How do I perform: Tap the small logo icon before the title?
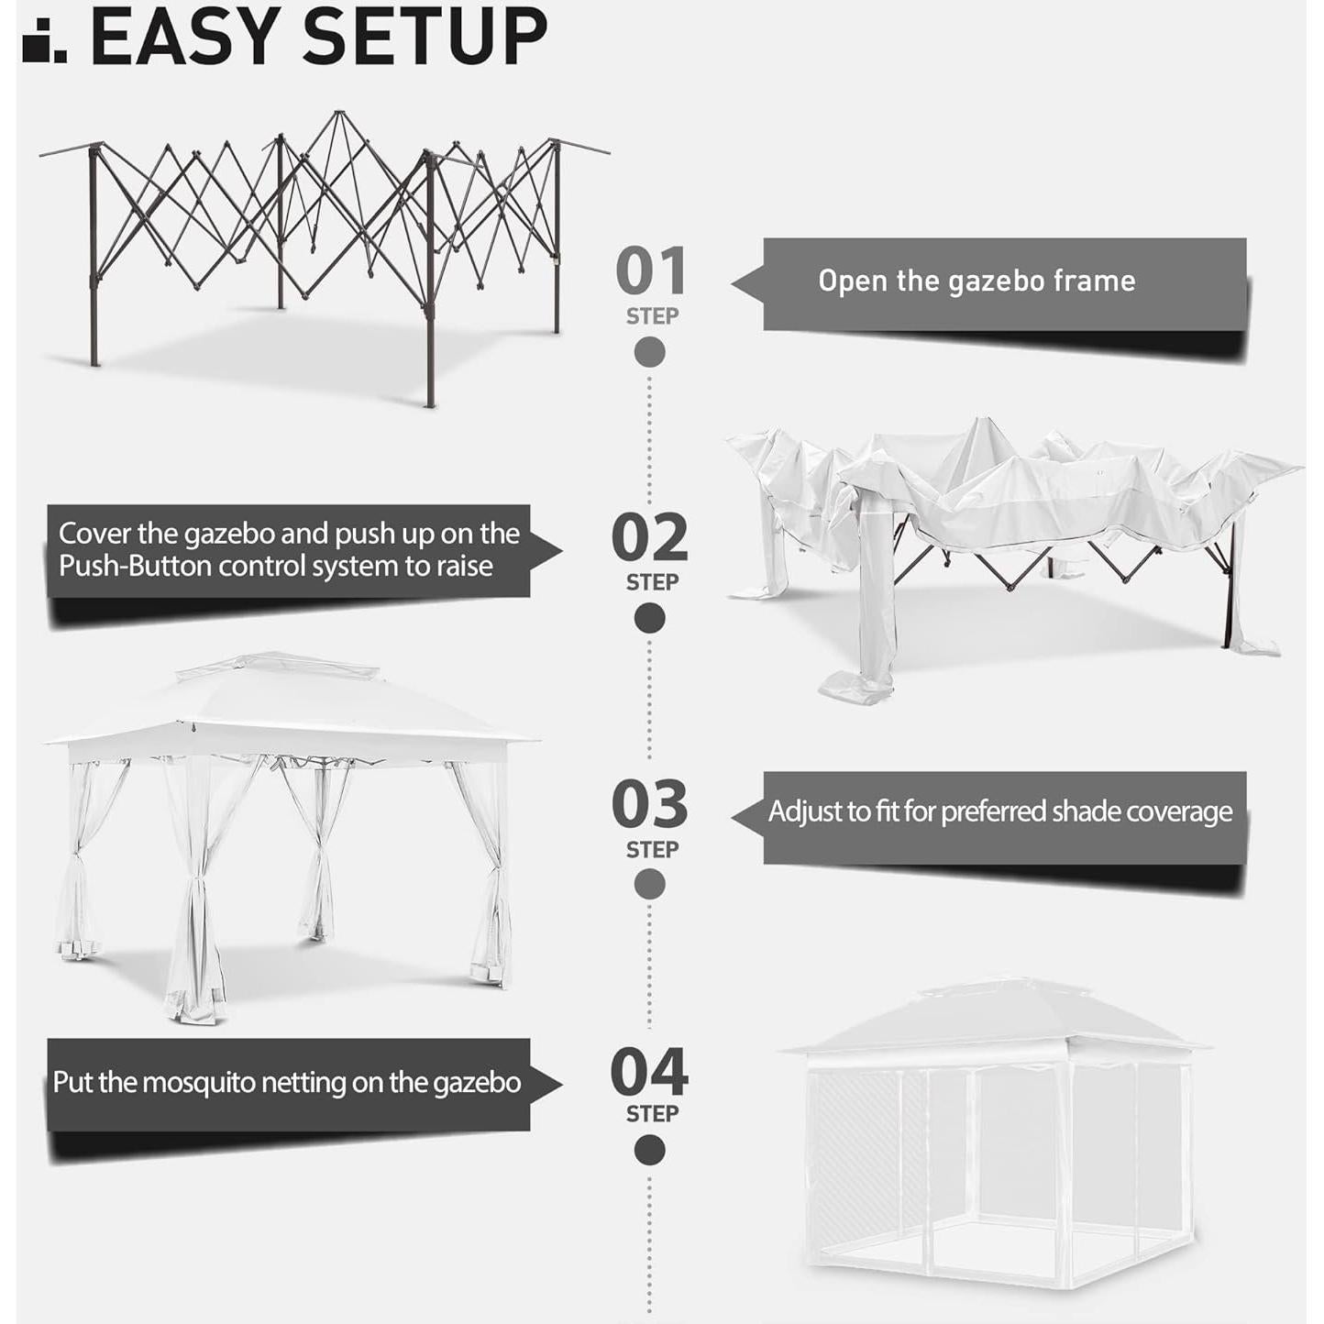[44, 39]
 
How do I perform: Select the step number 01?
[650, 271]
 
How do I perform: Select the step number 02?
[650, 538]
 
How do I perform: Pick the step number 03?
[650, 805]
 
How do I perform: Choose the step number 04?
[649, 1072]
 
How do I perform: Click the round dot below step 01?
[650, 352]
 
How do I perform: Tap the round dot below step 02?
[650, 619]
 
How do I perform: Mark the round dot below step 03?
[650, 885]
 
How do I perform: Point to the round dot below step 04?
[650, 1150]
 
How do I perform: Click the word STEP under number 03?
[652, 850]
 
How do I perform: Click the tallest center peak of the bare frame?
[339, 114]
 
